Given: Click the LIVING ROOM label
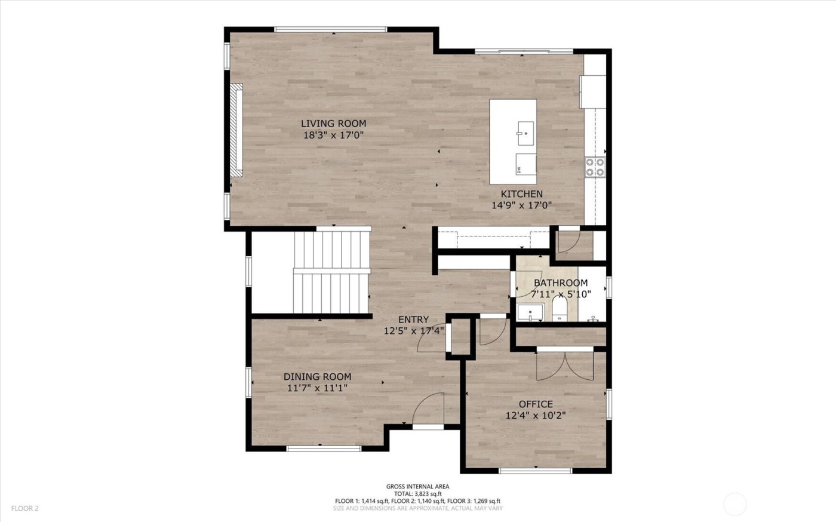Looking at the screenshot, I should click(x=333, y=124).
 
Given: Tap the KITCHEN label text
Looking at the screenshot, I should click(x=521, y=194).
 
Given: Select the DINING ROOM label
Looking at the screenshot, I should click(x=317, y=377).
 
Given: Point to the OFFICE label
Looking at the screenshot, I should click(x=535, y=404).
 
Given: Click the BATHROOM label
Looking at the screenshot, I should click(x=560, y=283).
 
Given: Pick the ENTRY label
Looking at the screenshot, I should click(x=413, y=320).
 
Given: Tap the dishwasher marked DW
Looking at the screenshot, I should click(x=525, y=163).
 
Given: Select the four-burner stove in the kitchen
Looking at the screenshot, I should click(x=595, y=167).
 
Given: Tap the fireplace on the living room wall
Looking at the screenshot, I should click(x=237, y=130).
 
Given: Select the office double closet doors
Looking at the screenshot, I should click(x=565, y=365).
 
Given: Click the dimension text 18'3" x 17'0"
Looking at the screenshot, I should click(x=333, y=135).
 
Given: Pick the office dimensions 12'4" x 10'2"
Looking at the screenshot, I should click(x=535, y=416).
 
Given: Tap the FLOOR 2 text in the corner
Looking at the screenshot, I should click(x=24, y=509).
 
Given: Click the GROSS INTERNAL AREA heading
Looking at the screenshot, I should click(x=417, y=487).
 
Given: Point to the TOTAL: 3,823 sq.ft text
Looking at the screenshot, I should click(x=417, y=494).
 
